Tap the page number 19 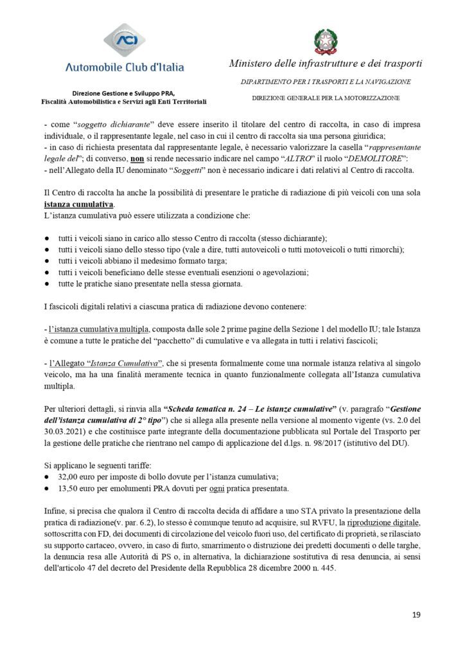pyautogui.click(x=416, y=615)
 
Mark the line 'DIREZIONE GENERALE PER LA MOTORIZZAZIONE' pyautogui.click(x=326, y=98)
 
